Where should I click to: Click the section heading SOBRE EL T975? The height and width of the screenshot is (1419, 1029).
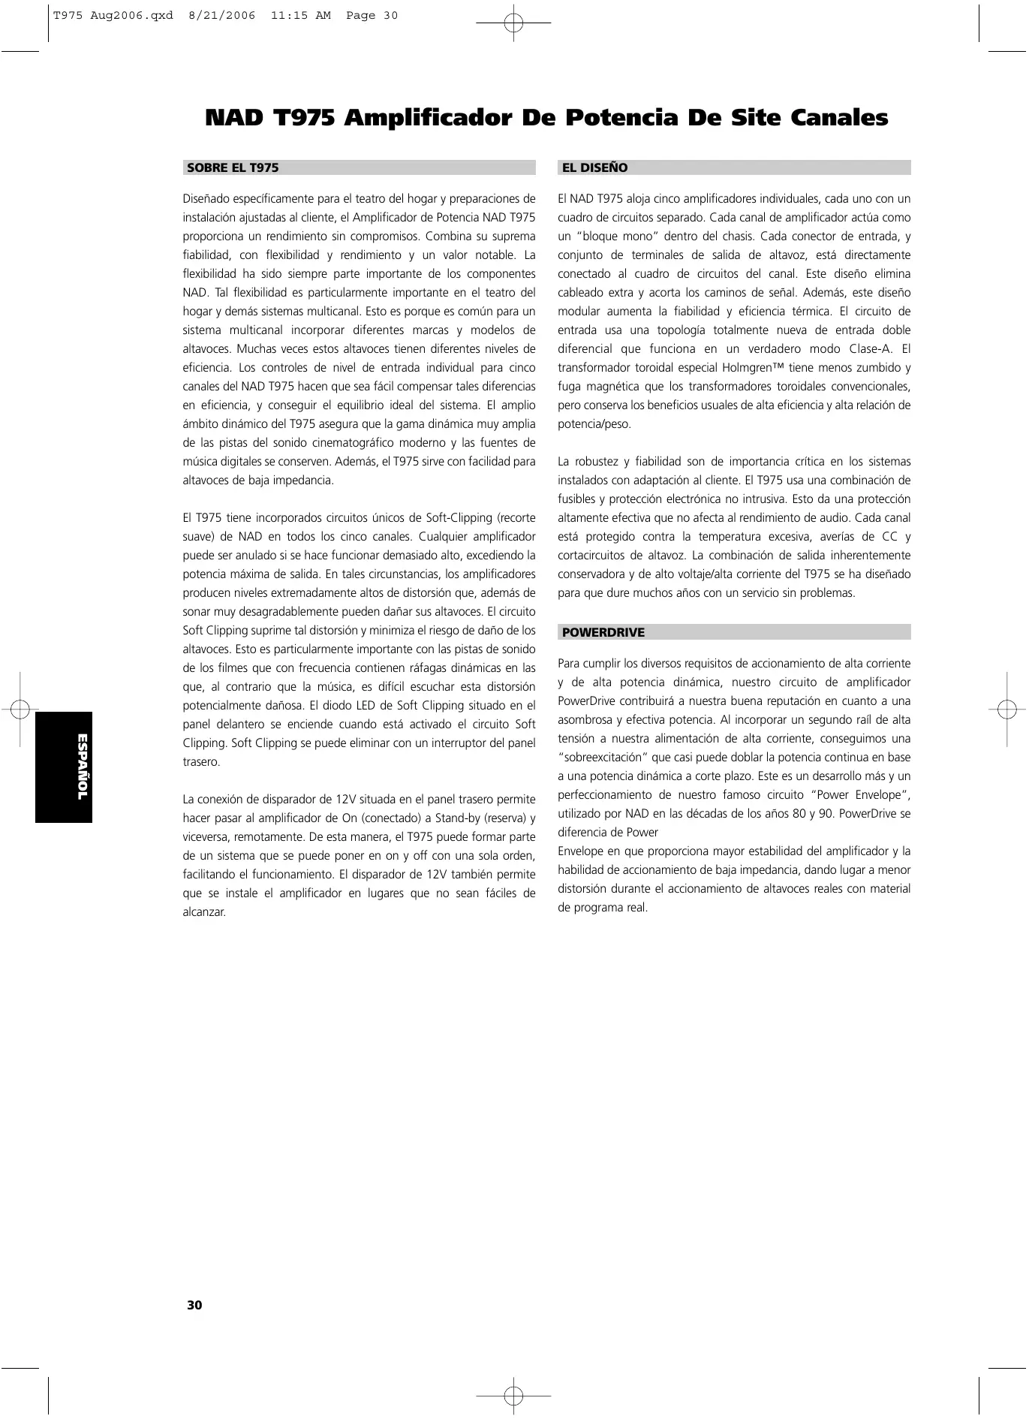click(x=233, y=168)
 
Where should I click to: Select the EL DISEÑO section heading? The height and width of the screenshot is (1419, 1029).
click(x=594, y=168)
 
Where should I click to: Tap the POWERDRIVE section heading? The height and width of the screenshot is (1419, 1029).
click(x=603, y=632)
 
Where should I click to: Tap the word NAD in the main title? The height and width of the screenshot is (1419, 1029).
click(x=234, y=119)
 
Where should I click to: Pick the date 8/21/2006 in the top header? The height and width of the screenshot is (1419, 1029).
click(x=221, y=16)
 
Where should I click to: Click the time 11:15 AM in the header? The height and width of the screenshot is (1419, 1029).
click(x=300, y=16)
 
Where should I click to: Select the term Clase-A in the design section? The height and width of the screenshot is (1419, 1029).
click(x=870, y=349)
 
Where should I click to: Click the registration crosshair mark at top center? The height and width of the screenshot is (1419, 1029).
click(x=513, y=23)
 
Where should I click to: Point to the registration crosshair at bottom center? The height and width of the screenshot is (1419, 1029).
click(x=513, y=1396)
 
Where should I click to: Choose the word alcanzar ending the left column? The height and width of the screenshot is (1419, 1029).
click(x=203, y=912)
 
